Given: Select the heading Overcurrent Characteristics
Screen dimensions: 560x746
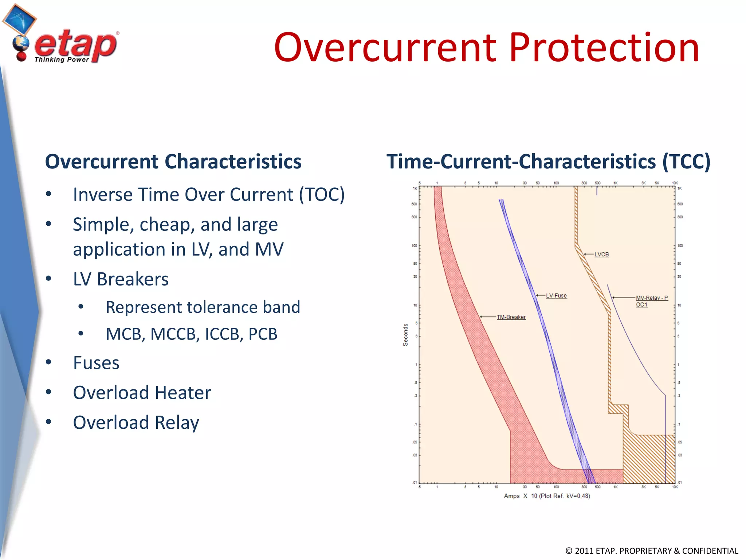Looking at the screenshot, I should (x=173, y=162).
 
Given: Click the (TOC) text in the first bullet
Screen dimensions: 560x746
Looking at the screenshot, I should (x=322, y=194).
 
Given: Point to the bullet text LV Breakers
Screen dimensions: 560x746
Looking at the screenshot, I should (x=121, y=279).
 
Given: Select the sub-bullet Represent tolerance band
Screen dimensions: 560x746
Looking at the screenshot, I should (x=203, y=307).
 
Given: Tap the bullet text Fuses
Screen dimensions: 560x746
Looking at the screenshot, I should (x=96, y=363).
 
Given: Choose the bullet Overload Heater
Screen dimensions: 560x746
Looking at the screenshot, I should (x=142, y=393).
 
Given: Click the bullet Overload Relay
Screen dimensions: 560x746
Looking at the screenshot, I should (x=136, y=423).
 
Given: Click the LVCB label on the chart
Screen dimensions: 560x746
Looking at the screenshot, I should (x=601, y=254).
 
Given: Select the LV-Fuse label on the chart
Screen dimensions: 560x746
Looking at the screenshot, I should (x=556, y=296).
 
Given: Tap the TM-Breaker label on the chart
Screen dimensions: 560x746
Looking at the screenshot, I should (x=511, y=317).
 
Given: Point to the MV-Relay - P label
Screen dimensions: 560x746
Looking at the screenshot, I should (x=652, y=298).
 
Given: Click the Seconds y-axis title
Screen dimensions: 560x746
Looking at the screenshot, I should (x=405, y=335).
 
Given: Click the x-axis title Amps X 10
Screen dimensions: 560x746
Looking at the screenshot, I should (x=546, y=496).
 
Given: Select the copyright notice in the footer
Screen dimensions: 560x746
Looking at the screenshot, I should (x=651, y=551).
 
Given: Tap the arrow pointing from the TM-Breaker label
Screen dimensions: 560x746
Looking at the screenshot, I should (x=488, y=317).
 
